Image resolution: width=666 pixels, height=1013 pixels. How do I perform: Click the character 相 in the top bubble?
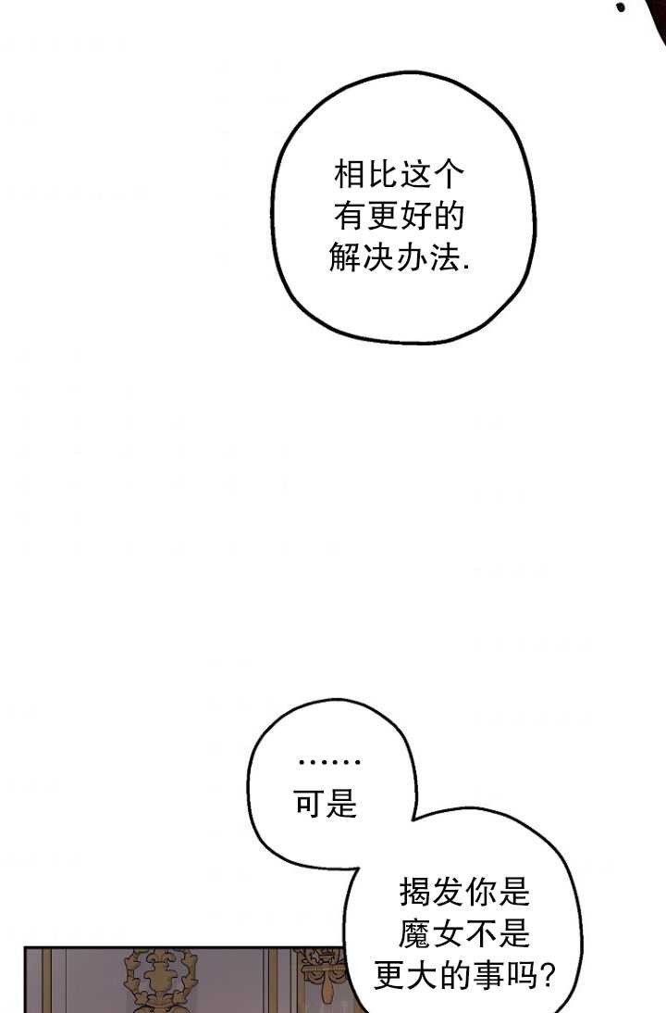[x=350, y=174]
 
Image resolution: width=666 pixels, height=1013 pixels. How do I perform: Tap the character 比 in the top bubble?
[x=383, y=174]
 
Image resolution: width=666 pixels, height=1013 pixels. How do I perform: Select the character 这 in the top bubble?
[x=415, y=174]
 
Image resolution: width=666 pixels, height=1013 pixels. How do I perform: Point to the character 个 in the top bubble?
[x=449, y=174]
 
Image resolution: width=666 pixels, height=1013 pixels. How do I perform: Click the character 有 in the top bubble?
[x=350, y=216]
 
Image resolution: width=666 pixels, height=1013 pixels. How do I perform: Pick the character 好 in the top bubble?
[x=415, y=216]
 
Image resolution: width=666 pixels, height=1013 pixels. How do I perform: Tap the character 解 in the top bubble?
[x=345, y=257]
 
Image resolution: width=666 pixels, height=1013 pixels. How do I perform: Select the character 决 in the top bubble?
[x=377, y=257]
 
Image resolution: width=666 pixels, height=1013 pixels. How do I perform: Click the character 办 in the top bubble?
[x=411, y=257]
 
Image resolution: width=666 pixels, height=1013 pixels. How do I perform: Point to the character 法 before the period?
[x=443, y=257]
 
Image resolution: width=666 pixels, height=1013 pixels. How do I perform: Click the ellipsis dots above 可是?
[x=329, y=763]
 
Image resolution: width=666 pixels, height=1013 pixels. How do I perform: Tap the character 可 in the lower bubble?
[x=310, y=805]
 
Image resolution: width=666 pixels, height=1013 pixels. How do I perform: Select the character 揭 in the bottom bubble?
[x=415, y=893]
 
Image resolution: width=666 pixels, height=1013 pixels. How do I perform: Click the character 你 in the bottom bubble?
[x=481, y=893]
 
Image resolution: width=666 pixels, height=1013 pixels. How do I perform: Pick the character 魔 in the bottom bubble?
[x=415, y=933]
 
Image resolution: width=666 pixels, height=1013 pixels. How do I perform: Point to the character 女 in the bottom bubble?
[x=449, y=933]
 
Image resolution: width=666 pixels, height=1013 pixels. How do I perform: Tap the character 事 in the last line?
[x=487, y=975]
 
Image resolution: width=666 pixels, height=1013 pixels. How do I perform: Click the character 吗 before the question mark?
[x=521, y=975]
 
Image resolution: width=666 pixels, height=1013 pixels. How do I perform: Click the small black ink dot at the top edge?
[x=621, y=7]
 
